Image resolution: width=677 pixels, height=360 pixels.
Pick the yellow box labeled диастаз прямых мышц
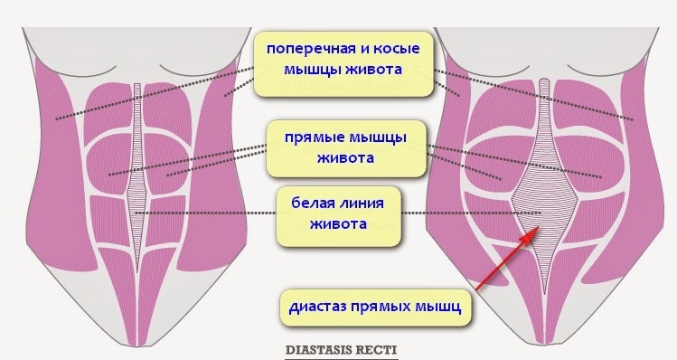click(375, 307)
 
